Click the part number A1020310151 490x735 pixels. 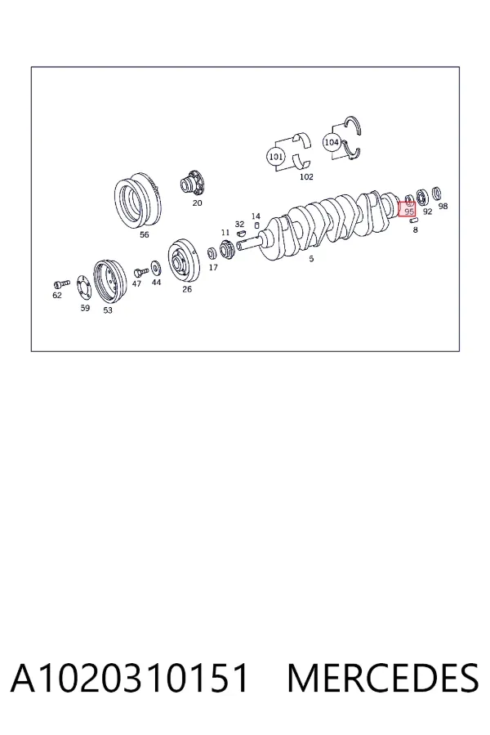(x=129, y=678)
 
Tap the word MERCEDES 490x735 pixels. (x=383, y=678)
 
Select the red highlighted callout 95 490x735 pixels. (x=407, y=208)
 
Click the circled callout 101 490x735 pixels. (x=276, y=156)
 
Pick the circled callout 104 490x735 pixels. (x=332, y=142)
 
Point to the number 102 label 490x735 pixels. (x=306, y=176)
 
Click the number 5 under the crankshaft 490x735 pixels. (x=311, y=258)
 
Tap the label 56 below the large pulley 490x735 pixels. (x=145, y=234)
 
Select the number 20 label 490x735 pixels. (x=197, y=203)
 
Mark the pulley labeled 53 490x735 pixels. (x=109, y=283)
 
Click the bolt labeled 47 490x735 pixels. (x=140, y=272)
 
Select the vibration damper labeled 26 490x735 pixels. (x=184, y=261)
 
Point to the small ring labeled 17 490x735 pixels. (x=212, y=254)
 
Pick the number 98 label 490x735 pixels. (x=443, y=206)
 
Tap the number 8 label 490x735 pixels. (x=415, y=229)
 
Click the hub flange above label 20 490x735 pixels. (x=194, y=183)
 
